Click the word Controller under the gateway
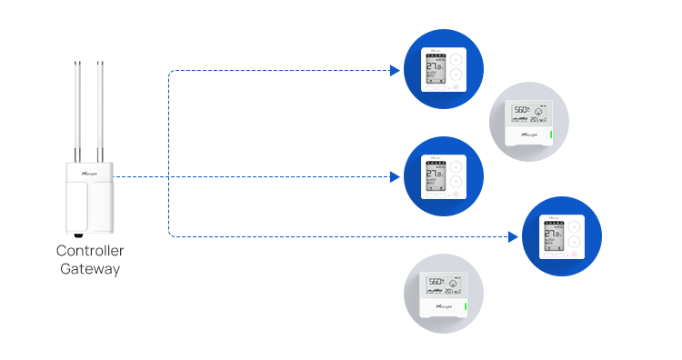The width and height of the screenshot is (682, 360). click(x=90, y=251)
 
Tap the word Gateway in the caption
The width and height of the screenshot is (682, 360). click(x=90, y=268)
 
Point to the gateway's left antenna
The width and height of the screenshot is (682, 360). click(x=75, y=109)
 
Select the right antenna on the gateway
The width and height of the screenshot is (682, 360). click(x=101, y=109)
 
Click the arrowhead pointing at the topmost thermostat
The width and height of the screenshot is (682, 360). click(x=395, y=70)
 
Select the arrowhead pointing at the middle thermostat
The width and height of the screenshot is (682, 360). click(x=395, y=176)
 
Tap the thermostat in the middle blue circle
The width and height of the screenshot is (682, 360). click(x=444, y=176)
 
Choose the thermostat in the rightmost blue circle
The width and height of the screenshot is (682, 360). click(x=562, y=236)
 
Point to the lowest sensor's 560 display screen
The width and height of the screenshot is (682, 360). click(x=443, y=285)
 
